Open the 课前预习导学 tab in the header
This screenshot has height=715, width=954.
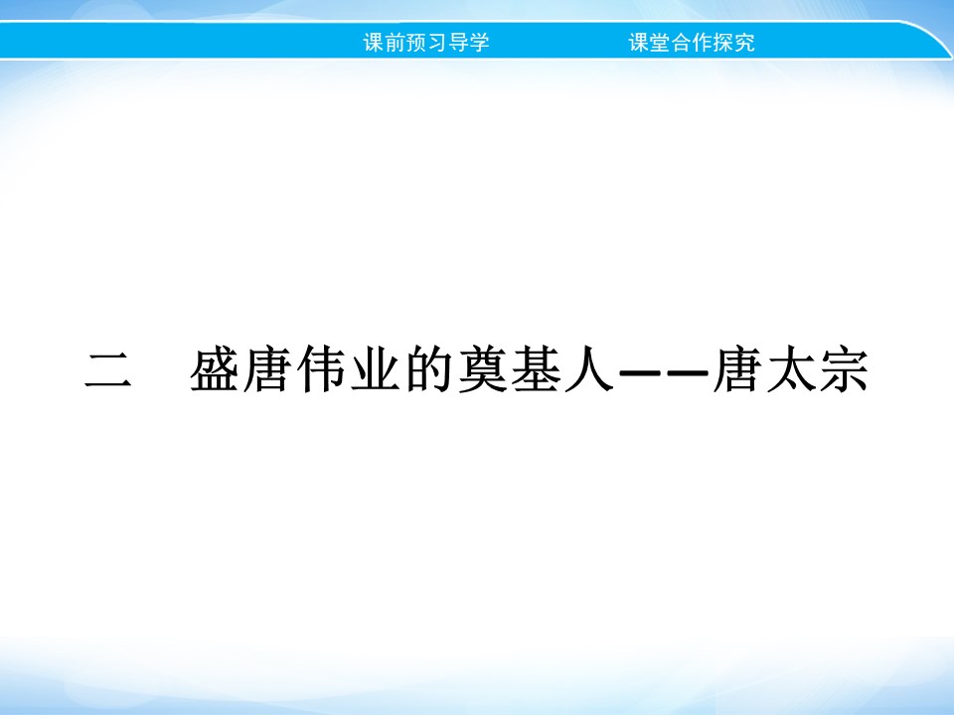point(426,43)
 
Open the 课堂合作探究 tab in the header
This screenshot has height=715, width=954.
point(692,43)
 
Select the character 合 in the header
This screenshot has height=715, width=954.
point(682,43)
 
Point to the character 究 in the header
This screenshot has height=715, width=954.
point(745,43)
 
